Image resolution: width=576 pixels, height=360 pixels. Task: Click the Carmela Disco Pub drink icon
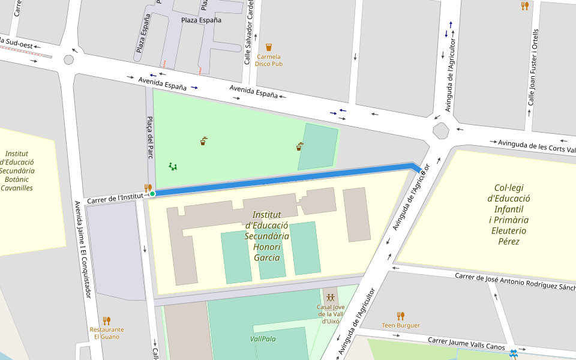[269, 47]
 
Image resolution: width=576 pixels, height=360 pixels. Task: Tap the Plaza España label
[201, 20]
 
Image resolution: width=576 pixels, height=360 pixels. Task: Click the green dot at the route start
[152, 193]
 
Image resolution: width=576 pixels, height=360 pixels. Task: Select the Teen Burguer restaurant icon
[401, 316]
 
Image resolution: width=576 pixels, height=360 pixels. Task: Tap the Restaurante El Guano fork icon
[107, 320]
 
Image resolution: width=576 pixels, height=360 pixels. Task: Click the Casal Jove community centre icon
[330, 297]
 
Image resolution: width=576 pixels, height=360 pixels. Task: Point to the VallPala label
[263, 338]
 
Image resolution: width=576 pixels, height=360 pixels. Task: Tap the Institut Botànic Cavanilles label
[17, 170]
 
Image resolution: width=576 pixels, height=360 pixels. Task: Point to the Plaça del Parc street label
[151, 137]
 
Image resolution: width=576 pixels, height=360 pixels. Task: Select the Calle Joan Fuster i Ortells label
[532, 67]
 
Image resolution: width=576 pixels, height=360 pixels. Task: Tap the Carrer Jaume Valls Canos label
[466, 343]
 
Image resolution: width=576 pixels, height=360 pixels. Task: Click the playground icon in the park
[173, 166]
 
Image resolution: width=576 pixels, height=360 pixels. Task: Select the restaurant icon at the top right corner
[524, 6]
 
